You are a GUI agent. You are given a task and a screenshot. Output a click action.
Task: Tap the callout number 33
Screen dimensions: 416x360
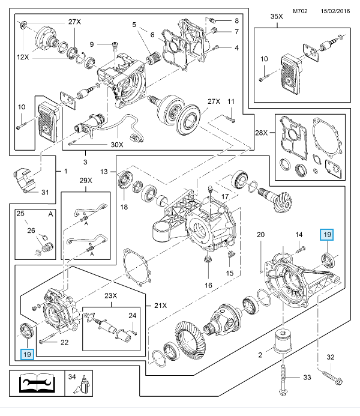pos(308,378)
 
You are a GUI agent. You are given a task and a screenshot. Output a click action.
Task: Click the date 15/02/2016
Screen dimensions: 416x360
pos(335,10)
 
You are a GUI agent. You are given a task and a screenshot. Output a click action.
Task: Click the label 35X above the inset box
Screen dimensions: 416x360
pos(277,16)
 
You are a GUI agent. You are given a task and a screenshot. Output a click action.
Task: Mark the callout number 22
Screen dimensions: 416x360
pos(65,342)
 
